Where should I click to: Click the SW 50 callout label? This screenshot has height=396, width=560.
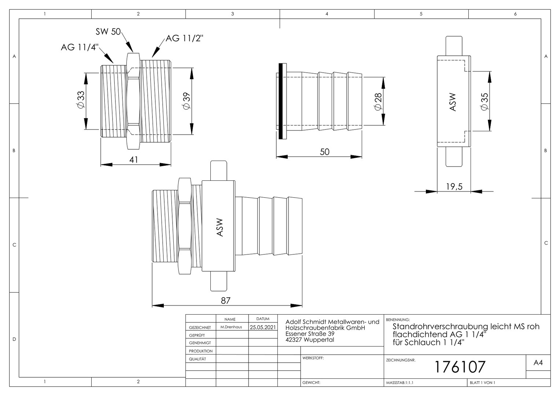[108, 32]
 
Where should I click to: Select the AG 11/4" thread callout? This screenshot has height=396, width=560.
[80, 47]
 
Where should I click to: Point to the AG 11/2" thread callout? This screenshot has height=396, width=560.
[184, 38]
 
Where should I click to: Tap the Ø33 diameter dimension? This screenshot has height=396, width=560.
[81, 100]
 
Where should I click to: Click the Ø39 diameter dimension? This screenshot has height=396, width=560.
[187, 101]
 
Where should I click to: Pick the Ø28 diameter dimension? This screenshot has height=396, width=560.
[378, 101]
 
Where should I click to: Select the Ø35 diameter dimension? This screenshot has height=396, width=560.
[484, 101]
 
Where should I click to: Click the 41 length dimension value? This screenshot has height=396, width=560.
[133, 159]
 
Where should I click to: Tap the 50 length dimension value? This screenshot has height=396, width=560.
[324, 152]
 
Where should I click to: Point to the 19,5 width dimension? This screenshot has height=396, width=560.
[454, 186]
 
